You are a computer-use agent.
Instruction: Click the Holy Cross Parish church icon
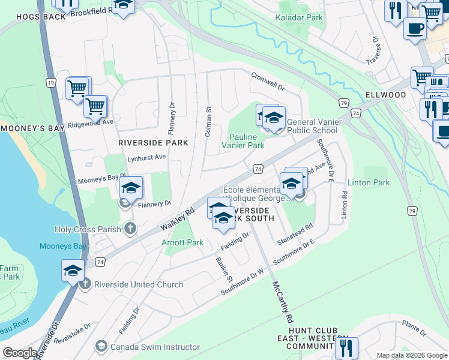[x=130, y=228]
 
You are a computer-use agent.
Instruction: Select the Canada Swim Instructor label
[x=157, y=347]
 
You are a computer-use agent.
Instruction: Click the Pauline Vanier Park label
[x=243, y=141]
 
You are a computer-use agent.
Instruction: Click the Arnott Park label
[x=182, y=243]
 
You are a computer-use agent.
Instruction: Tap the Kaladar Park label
[x=299, y=18]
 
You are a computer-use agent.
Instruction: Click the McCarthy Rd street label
[x=282, y=301]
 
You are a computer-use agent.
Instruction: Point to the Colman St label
[x=208, y=122]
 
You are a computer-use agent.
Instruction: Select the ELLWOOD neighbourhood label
[x=385, y=95]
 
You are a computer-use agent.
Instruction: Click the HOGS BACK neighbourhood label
[x=24, y=17]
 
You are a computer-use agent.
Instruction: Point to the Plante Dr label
[x=414, y=328]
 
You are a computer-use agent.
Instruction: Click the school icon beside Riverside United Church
[x=73, y=271]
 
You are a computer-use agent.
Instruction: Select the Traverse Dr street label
[x=372, y=52]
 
